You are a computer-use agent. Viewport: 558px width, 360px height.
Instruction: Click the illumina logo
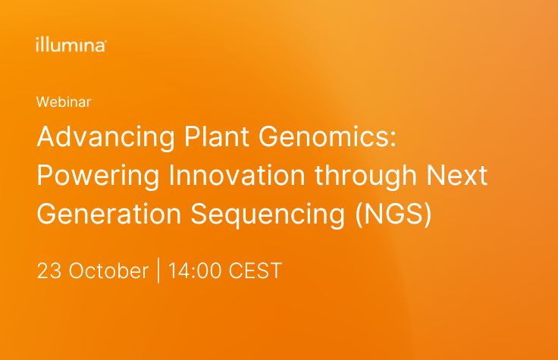(x=71, y=45)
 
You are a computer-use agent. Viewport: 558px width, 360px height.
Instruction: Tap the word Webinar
(x=64, y=102)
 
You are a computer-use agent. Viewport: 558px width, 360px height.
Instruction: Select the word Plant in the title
(x=216, y=136)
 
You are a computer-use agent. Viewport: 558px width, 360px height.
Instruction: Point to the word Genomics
(x=324, y=136)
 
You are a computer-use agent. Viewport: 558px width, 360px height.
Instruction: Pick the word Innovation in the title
(x=237, y=175)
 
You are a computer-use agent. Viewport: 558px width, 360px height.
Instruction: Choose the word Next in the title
(x=456, y=175)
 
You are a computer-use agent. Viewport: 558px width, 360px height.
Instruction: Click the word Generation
(x=109, y=214)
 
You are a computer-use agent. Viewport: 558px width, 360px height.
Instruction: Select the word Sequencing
(x=268, y=215)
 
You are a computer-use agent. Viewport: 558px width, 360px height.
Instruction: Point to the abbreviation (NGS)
(x=393, y=214)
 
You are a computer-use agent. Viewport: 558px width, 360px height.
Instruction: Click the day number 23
(x=49, y=271)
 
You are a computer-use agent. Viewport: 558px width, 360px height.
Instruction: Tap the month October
(x=108, y=271)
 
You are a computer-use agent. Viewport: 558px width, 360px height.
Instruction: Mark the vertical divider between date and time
(x=158, y=271)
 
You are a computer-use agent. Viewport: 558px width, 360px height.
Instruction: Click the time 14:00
(x=195, y=271)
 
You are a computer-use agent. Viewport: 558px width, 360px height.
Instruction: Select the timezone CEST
(x=255, y=271)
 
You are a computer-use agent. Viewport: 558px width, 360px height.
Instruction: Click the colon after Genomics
(x=393, y=139)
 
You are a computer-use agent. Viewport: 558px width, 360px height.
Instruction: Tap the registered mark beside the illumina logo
(x=105, y=41)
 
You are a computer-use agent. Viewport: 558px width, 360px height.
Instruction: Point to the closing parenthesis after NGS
(x=428, y=214)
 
